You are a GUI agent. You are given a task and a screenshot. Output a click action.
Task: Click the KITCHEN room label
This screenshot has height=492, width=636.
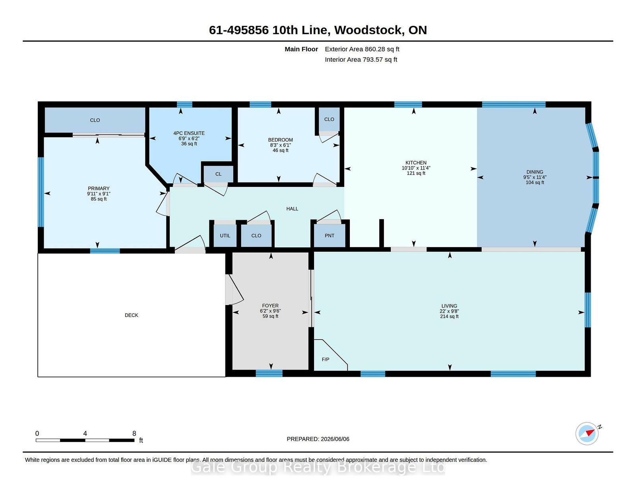pos(416,163)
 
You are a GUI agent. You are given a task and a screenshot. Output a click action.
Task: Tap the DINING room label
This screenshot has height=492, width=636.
pos(535,172)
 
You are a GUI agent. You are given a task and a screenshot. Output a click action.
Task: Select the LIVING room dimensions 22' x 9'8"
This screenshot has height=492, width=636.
pos(449,311)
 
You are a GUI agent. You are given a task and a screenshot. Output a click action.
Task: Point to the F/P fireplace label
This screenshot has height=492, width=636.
pos(326,359)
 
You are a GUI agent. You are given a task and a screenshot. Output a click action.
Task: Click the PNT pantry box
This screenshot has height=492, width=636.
pos(329,236)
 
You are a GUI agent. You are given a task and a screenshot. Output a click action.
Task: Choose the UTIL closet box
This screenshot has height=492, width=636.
pos(225,236)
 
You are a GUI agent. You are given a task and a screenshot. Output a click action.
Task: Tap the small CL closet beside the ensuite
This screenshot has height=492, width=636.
pos(218,174)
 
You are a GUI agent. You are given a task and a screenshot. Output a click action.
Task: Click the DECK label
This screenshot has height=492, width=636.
pos(132,315)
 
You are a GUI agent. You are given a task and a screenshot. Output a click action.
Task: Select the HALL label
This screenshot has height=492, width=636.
pos(292,208)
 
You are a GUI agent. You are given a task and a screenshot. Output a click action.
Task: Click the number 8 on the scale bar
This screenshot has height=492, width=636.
pos(134,433)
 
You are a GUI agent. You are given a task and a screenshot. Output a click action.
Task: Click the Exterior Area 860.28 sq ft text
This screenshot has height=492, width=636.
pos(362,49)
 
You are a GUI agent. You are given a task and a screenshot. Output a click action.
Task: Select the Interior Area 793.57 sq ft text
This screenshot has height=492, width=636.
pos(361,59)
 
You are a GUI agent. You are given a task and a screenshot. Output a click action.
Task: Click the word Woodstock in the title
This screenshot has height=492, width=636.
pos(368,30)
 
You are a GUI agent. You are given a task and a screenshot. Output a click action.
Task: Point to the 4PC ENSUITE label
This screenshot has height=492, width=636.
pos(189,133)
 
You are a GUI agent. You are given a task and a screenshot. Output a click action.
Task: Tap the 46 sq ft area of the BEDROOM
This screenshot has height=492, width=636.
pos(280,150)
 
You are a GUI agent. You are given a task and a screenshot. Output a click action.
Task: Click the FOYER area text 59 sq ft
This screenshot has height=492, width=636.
pos(270,316)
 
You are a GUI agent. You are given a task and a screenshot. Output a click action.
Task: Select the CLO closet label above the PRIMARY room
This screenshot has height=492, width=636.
pos(95,120)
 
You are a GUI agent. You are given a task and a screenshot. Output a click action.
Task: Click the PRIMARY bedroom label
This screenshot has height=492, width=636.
pos(99,188)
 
